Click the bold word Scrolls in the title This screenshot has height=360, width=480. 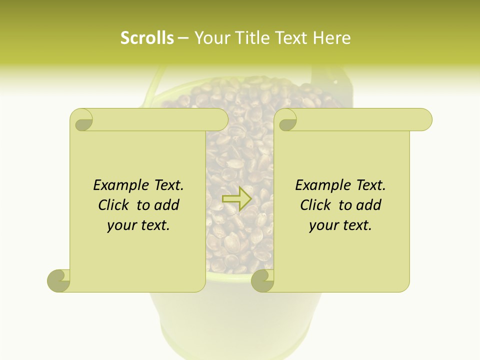[147, 38]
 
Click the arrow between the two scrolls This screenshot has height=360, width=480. [236, 198]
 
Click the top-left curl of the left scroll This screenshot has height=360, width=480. [82, 120]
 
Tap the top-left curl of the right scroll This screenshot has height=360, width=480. [286, 120]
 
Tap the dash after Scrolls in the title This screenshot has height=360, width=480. [183, 38]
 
